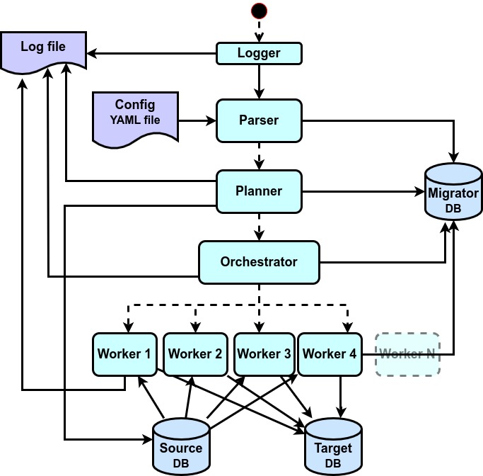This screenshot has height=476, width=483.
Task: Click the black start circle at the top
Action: (x=259, y=11)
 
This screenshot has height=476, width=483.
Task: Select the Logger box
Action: (x=259, y=53)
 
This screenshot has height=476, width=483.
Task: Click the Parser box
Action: (x=259, y=120)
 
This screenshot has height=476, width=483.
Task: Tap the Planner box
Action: (x=259, y=191)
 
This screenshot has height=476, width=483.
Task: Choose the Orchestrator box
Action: (x=259, y=262)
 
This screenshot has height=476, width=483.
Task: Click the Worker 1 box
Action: (x=124, y=354)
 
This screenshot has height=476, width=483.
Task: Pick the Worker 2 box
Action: (x=194, y=354)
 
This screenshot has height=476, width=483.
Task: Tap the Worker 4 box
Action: (x=330, y=354)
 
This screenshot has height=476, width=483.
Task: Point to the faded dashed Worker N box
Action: (x=407, y=354)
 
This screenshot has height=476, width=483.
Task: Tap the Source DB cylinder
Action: (x=181, y=446)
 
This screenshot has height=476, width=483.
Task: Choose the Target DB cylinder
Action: (x=332, y=446)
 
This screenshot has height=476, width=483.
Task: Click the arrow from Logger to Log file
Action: (x=152, y=53)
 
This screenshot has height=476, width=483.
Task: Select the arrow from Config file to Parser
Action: (x=197, y=121)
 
